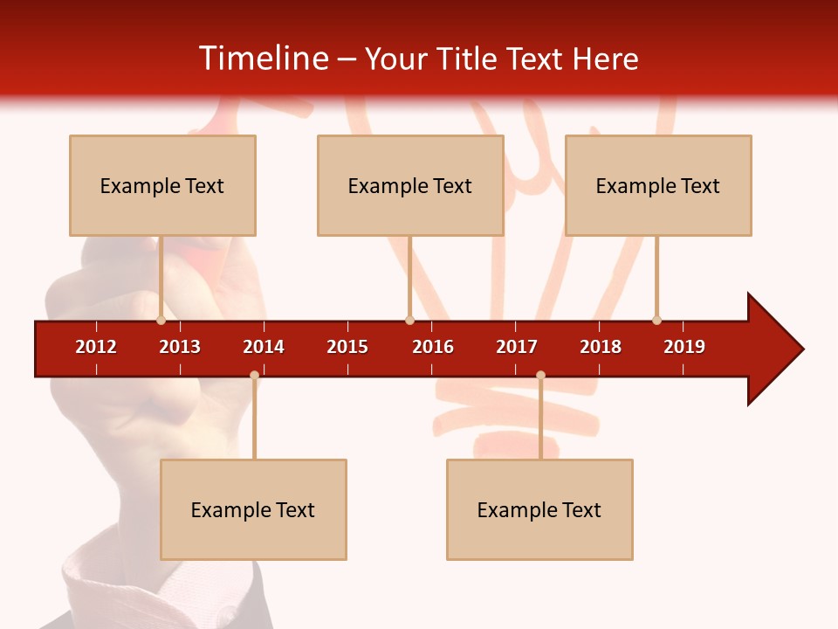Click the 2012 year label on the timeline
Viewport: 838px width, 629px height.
coord(96,347)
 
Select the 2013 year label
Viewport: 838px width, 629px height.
coord(180,347)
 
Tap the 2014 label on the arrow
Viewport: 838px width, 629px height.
coord(264,347)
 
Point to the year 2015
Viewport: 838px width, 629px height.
coord(347,347)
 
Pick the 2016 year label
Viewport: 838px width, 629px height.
coord(433,347)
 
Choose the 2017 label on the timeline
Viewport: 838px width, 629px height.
coord(517,347)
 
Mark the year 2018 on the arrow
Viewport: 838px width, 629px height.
coord(601,347)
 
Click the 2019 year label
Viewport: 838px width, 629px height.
coord(684,347)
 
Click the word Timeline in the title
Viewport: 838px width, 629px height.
coord(261,59)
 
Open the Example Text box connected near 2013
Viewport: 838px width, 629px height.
coord(162,185)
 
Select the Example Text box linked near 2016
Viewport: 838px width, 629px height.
coord(410,185)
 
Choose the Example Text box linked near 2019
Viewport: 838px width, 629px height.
coord(658,185)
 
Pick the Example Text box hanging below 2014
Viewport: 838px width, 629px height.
coord(253,509)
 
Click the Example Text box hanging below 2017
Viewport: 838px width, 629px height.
coord(539,509)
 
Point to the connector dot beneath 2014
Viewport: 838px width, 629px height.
coord(254,376)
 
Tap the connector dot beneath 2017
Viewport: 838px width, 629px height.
coord(540,376)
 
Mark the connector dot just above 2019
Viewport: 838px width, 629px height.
coord(656,320)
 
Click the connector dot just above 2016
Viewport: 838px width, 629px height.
coord(409,320)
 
